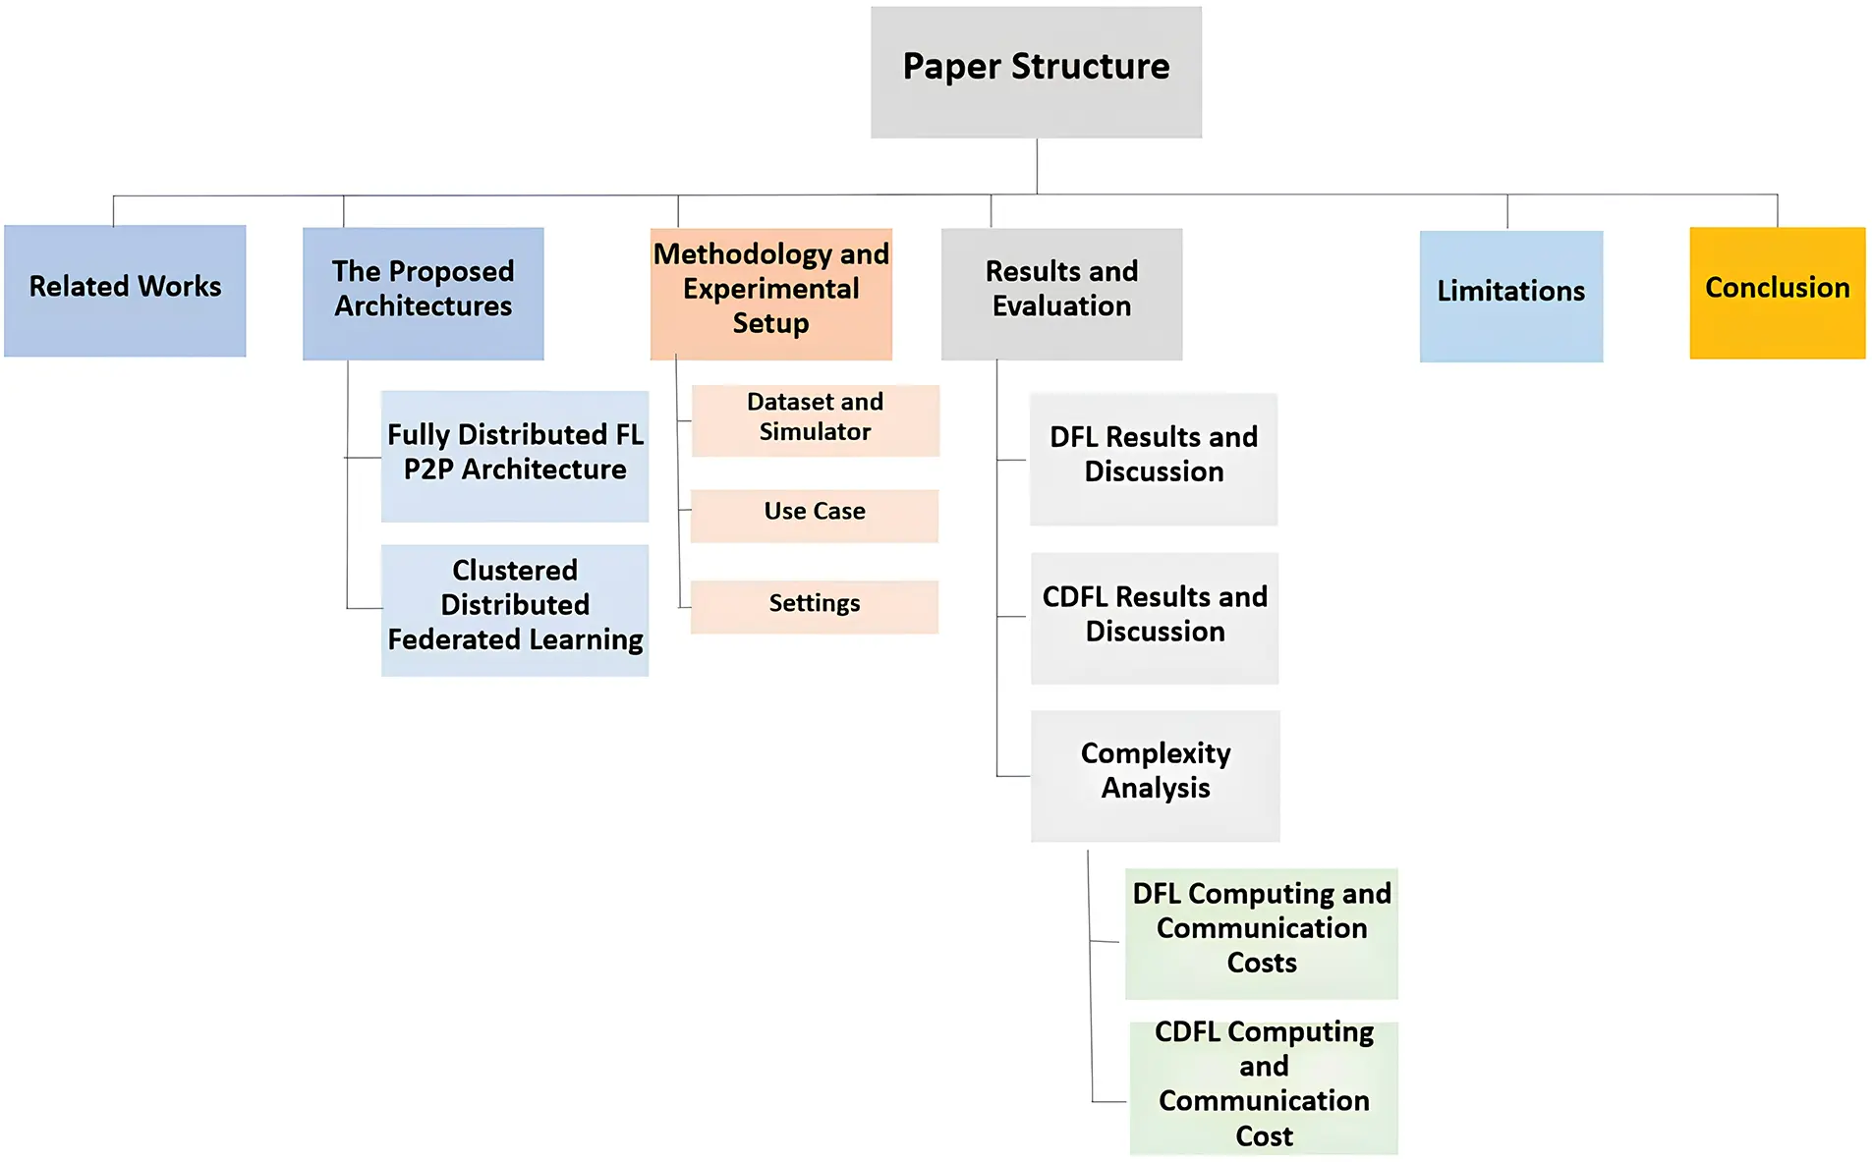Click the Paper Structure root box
[1036, 72]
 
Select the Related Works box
[125, 291]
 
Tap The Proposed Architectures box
[423, 294]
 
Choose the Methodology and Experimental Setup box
[770, 294]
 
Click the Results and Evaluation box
[1061, 294]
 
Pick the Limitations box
[1510, 296]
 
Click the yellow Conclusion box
[1777, 293]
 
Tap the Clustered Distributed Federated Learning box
[515, 609]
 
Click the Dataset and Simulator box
[815, 420]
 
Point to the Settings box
[814, 606]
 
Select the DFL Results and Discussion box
[1154, 459]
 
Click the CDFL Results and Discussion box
[1155, 618]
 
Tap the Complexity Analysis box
[1155, 775]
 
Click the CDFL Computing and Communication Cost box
[1263, 1087]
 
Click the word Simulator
[815, 432]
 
